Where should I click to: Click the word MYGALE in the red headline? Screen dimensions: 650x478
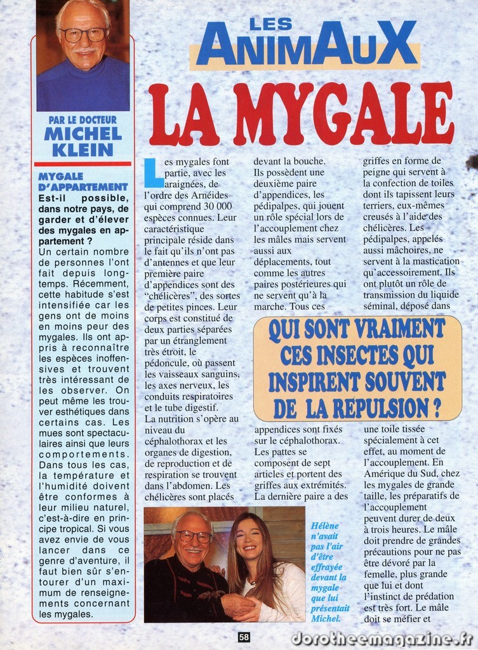pyautogui.click(x=343, y=114)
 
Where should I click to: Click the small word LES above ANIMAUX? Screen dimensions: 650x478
pyautogui.click(x=270, y=24)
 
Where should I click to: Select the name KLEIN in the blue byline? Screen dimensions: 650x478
pyautogui.click(x=83, y=150)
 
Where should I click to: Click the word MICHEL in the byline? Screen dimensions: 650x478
pyautogui.click(x=83, y=134)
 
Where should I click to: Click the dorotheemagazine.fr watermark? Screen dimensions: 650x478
pyautogui.click(x=382, y=638)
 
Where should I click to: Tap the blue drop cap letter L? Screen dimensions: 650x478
pyautogui.click(x=153, y=172)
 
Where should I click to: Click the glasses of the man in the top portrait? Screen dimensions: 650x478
pyautogui.click(x=84, y=34)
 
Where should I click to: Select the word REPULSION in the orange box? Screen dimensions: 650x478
pyautogui.click(x=376, y=407)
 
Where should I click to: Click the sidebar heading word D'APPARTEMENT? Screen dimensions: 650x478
pyautogui.click(x=83, y=187)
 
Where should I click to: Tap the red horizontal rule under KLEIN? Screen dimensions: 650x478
pyautogui.click(x=83, y=164)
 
